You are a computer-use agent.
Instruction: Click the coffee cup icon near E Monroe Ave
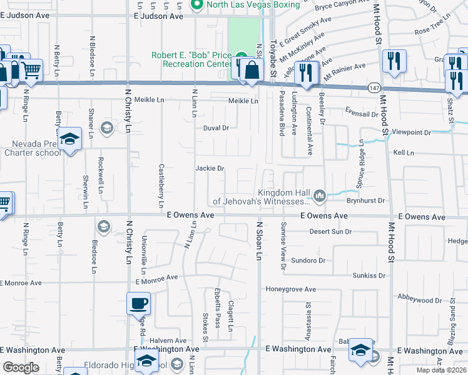[139, 305]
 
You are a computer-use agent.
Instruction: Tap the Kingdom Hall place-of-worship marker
[320, 197]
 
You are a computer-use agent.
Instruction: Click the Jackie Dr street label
[210, 168]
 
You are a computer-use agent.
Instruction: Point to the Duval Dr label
[216, 128]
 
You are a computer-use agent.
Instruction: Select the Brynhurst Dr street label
[365, 201]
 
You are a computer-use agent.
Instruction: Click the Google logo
[21, 367]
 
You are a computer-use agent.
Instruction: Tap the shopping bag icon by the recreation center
[252, 71]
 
